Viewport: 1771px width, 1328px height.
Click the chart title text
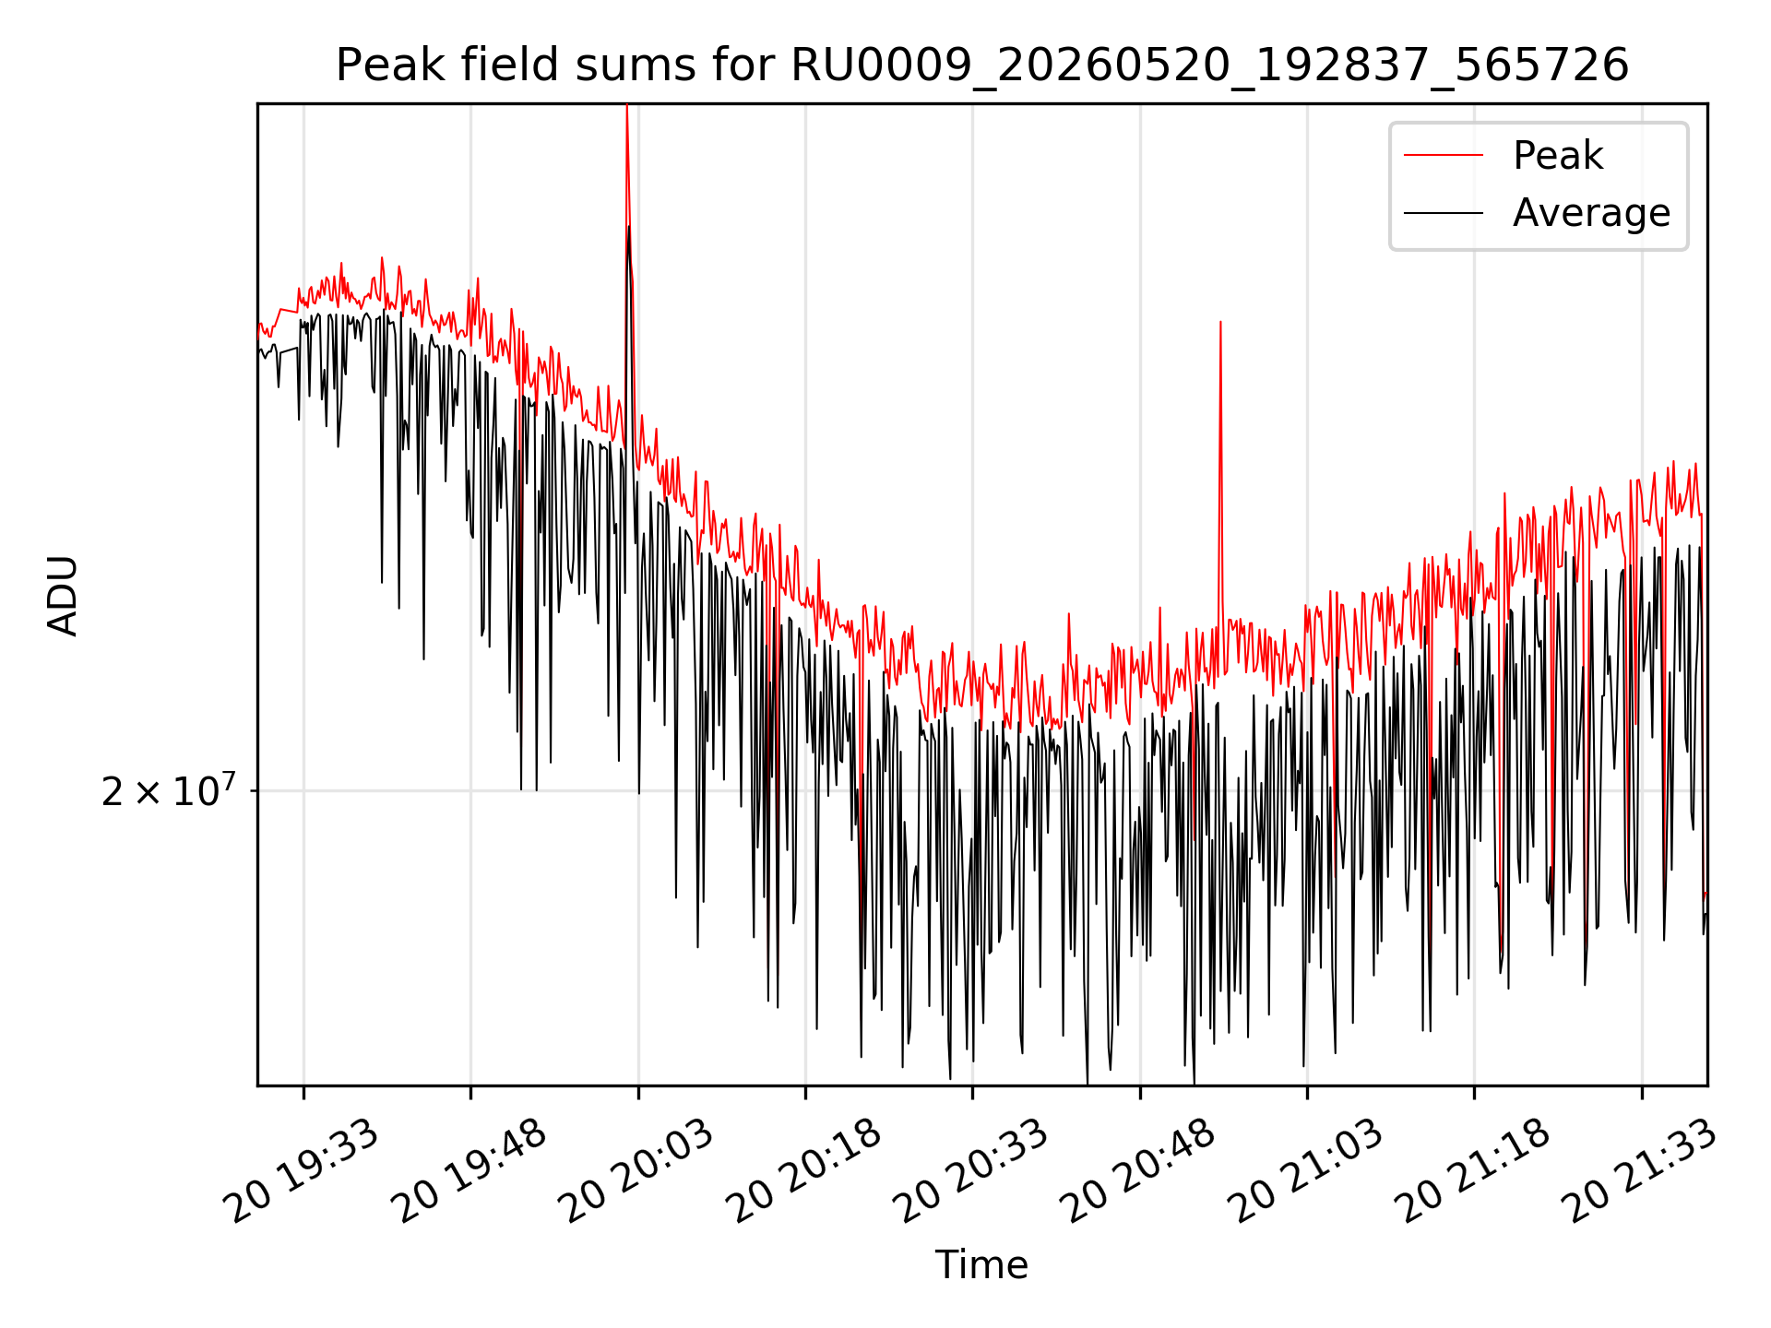(x=982, y=65)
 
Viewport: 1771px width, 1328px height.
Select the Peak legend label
(x=1558, y=155)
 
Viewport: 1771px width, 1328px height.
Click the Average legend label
(x=1591, y=213)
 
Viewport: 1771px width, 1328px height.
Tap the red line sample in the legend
(x=1444, y=155)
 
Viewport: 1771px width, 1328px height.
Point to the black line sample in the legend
(x=1444, y=213)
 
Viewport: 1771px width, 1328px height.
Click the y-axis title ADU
(x=63, y=595)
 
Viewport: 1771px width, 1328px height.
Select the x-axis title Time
(x=981, y=1264)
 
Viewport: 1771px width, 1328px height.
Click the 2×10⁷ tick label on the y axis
(x=168, y=790)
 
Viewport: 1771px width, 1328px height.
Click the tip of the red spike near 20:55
(x=1220, y=322)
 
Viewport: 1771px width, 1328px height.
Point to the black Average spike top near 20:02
(x=629, y=226)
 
